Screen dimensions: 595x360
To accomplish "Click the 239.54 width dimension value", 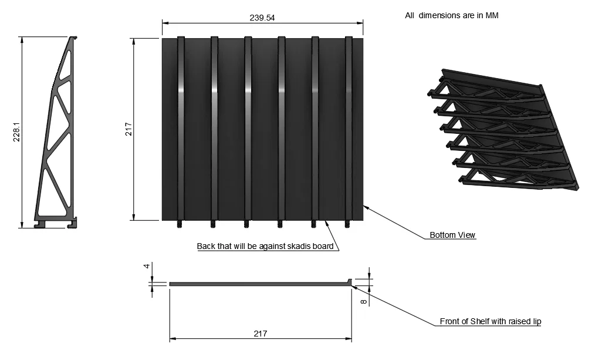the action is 262,18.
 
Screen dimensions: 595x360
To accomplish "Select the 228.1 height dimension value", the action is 16,132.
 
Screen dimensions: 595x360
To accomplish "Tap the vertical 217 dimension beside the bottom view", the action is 129,129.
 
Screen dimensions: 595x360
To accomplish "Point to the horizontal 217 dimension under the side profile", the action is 261,334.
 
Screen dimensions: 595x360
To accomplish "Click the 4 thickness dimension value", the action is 147,266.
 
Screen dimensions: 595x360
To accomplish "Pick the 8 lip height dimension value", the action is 364,301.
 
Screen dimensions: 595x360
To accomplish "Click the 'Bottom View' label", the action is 452,235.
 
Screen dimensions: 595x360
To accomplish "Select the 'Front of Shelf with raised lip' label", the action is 491,321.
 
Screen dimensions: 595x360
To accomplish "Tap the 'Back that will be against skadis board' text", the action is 265,246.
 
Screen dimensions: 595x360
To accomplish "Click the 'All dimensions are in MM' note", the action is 452,15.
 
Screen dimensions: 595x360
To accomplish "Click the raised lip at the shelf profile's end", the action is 349,282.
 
